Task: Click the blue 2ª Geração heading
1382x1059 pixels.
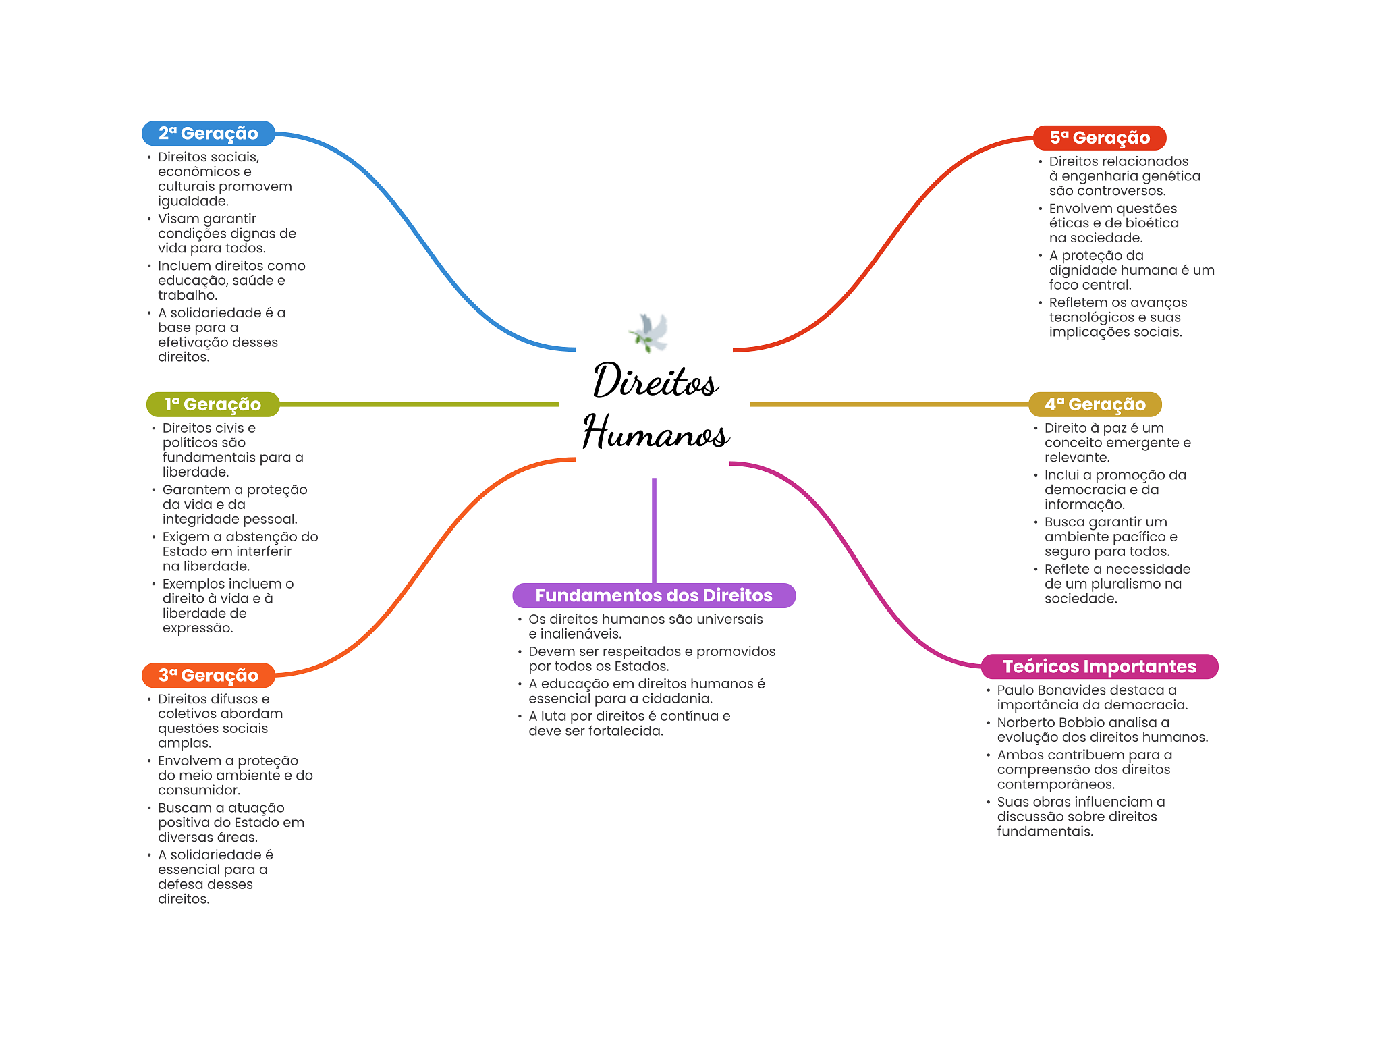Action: [x=208, y=133]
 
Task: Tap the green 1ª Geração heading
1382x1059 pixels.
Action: [x=213, y=404]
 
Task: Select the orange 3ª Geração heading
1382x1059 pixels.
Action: [x=208, y=675]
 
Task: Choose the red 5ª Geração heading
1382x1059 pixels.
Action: [x=1099, y=138]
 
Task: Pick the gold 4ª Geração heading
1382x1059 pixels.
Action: [x=1095, y=404]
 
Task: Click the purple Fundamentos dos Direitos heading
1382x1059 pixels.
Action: [x=653, y=595]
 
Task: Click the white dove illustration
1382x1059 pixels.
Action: [x=650, y=331]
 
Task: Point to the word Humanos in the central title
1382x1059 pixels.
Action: [x=656, y=433]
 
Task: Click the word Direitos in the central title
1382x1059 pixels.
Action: [x=655, y=381]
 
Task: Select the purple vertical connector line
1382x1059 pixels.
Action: [x=654, y=530]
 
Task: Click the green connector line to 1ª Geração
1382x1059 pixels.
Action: [x=418, y=404]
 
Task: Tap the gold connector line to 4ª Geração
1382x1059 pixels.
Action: [x=888, y=404]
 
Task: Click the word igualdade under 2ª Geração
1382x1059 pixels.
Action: [x=193, y=201]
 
